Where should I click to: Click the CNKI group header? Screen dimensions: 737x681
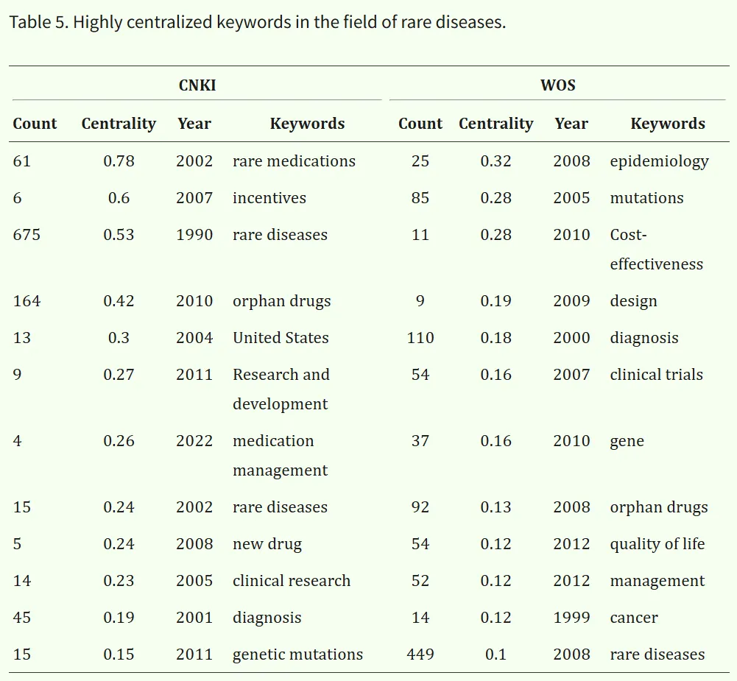point(197,85)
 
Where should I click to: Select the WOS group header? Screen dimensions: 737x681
point(557,85)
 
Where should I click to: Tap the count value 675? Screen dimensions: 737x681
point(27,235)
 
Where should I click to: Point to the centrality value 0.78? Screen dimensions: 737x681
point(119,160)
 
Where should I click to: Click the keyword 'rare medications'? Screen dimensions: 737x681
point(294,160)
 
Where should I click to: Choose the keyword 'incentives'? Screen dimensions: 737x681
point(269,198)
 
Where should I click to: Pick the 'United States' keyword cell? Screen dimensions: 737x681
point(281,337)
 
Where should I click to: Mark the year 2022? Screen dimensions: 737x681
point(194,441)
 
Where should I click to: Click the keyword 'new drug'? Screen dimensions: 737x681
point(267,544)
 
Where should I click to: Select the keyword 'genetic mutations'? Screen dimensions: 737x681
point(297,654)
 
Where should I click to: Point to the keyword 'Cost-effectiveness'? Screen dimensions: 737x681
point(656,249)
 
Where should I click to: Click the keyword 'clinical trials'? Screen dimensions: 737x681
point(656,374)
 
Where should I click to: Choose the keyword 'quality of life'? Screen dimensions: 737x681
point(657,544)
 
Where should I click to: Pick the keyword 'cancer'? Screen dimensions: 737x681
point(634,618)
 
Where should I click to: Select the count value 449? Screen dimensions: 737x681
point(420,654)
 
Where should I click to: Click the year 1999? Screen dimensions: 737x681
point(571,618)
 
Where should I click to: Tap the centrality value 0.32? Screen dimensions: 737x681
point(496,160)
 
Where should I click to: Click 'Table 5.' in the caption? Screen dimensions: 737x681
point(39,22)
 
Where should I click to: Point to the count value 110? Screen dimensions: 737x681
point(420,337)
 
